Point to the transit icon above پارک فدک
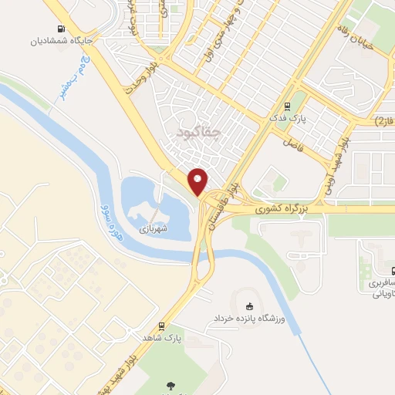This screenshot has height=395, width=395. (287, 106)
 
